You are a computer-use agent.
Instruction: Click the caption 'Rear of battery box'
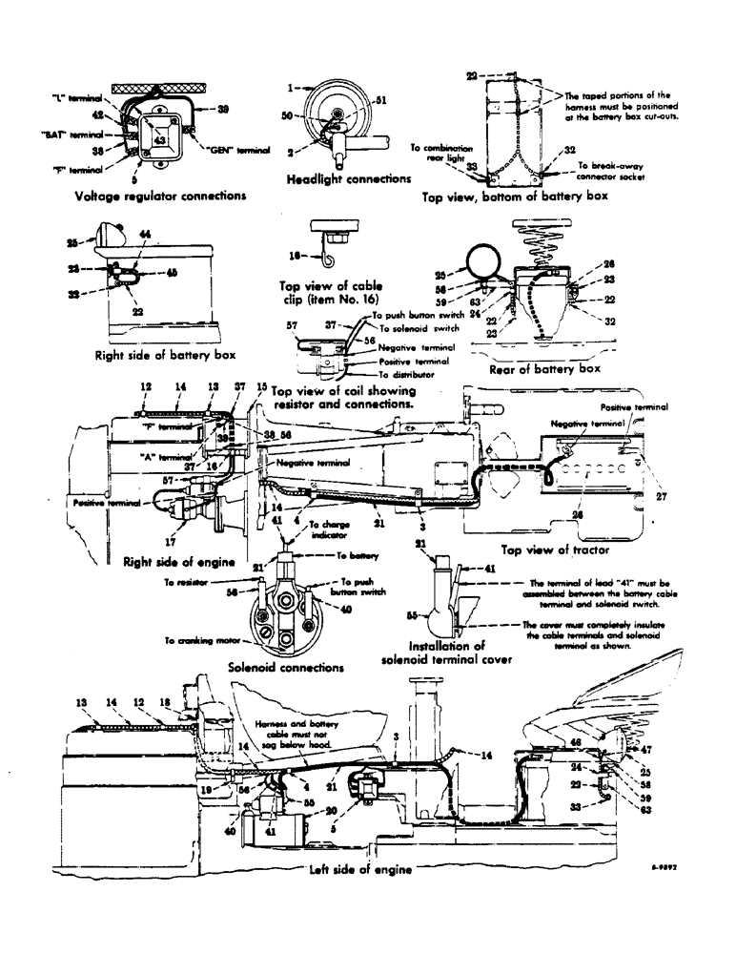click(543, 368)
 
